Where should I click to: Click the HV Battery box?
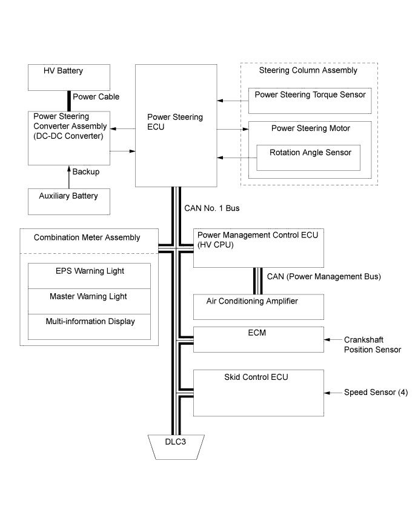coord(68,78)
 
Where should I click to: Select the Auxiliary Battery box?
coord(68,202)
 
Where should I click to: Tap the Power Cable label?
coord(96,97)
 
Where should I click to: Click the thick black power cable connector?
coord(69,101)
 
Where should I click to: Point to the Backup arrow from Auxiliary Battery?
coord(69,177)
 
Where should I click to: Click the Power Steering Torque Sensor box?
coord(310,101)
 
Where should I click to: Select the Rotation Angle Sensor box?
coord(308,158)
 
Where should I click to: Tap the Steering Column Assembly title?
coord(308,70)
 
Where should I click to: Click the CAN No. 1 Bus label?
coord(212,208)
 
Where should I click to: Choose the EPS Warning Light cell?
coord(89,276)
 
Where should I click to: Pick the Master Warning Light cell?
coord(89,301)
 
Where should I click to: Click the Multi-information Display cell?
coord(89,327)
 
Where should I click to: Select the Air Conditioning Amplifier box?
coord(259,307)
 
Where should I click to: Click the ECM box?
coord(259,339)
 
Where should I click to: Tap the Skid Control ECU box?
coord(259,393)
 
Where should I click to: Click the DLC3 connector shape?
coord(176,447)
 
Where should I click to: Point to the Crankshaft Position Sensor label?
coord(373,345)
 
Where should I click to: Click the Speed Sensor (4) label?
coord(376,393)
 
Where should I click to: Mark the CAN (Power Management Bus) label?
coord(324,276)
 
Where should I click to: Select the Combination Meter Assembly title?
coord(87,237)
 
